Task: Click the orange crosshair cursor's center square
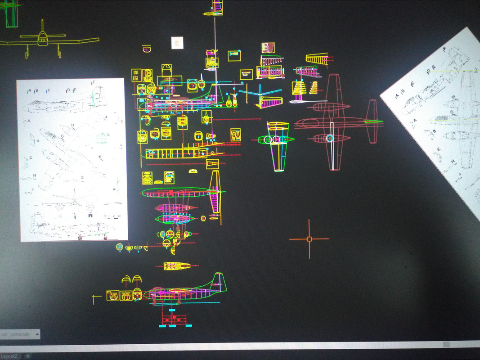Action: point(309,239)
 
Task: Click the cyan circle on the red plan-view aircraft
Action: point(330,139)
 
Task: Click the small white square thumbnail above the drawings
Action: point(177,43)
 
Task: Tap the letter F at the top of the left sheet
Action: point(93,83)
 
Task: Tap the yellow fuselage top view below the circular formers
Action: point(177,266)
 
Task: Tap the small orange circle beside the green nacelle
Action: point(203,218)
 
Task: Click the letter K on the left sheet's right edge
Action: point(121,145)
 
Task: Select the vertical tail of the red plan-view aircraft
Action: point(372,121)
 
